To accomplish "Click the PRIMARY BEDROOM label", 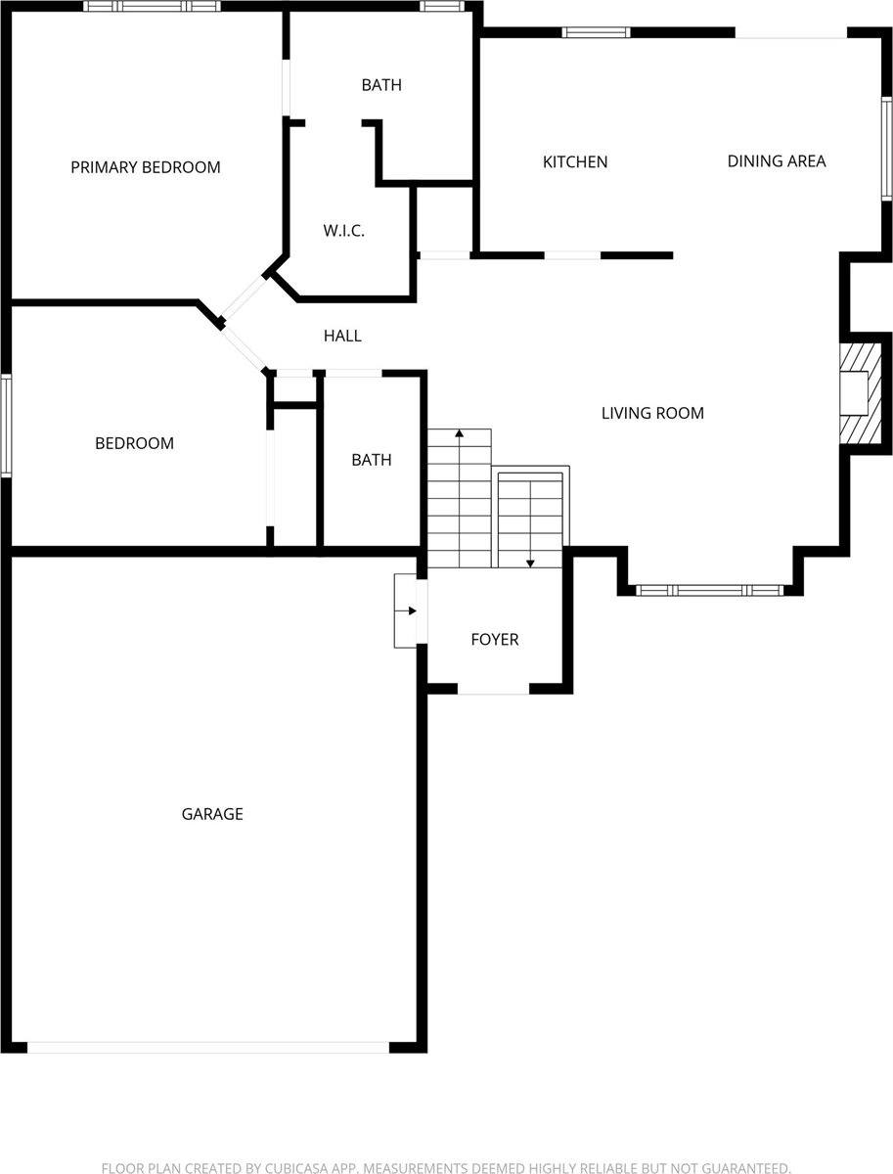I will click(x=146, y=167).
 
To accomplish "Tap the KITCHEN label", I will click(x=575, y=161).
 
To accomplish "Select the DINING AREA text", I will click(x=777, y=160).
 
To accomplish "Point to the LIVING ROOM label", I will click(x=652, y=413).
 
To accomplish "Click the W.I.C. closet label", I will click(x=343, y=231).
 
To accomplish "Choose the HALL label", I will click(x=342, y=336).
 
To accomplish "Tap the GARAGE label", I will click(x=212, y=814).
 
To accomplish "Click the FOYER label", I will click(x=495, y=640).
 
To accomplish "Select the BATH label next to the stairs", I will click(x=372, y=460).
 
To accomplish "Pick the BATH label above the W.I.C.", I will click(x=381, y=85).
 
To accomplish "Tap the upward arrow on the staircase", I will click(x=459, y=432).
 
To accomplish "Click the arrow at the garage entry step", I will click(x=412, y=611).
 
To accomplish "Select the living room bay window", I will click(x=710, y=591).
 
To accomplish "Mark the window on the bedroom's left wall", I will click(x=5, y=426).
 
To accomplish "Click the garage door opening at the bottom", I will click(x=208, y=1047).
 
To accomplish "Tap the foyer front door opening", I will click(x=494, y=691).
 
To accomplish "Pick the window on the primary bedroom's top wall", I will click(x=152, y=6).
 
